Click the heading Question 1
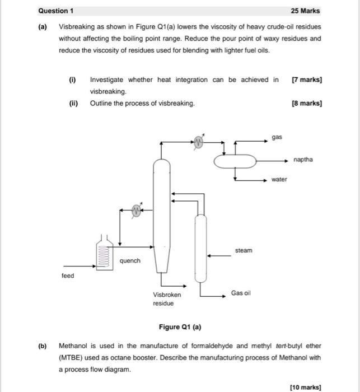click(x=55, y=11)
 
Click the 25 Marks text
click(x=306, y=11)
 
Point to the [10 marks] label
click(x=306, y=386)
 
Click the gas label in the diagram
click(x=277, y=137)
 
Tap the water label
click(x=279, y=179)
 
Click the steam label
click(x=244, y=250)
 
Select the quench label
click(x=130, y=261)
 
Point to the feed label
click(x=67, y=276)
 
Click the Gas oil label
click(x=241, y=293)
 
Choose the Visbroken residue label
click(x=167, y=298)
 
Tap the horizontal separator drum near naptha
click(x=235, y=160)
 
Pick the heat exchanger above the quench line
click(x=137, y=210)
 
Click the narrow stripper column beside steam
click(x=199, y=246)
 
